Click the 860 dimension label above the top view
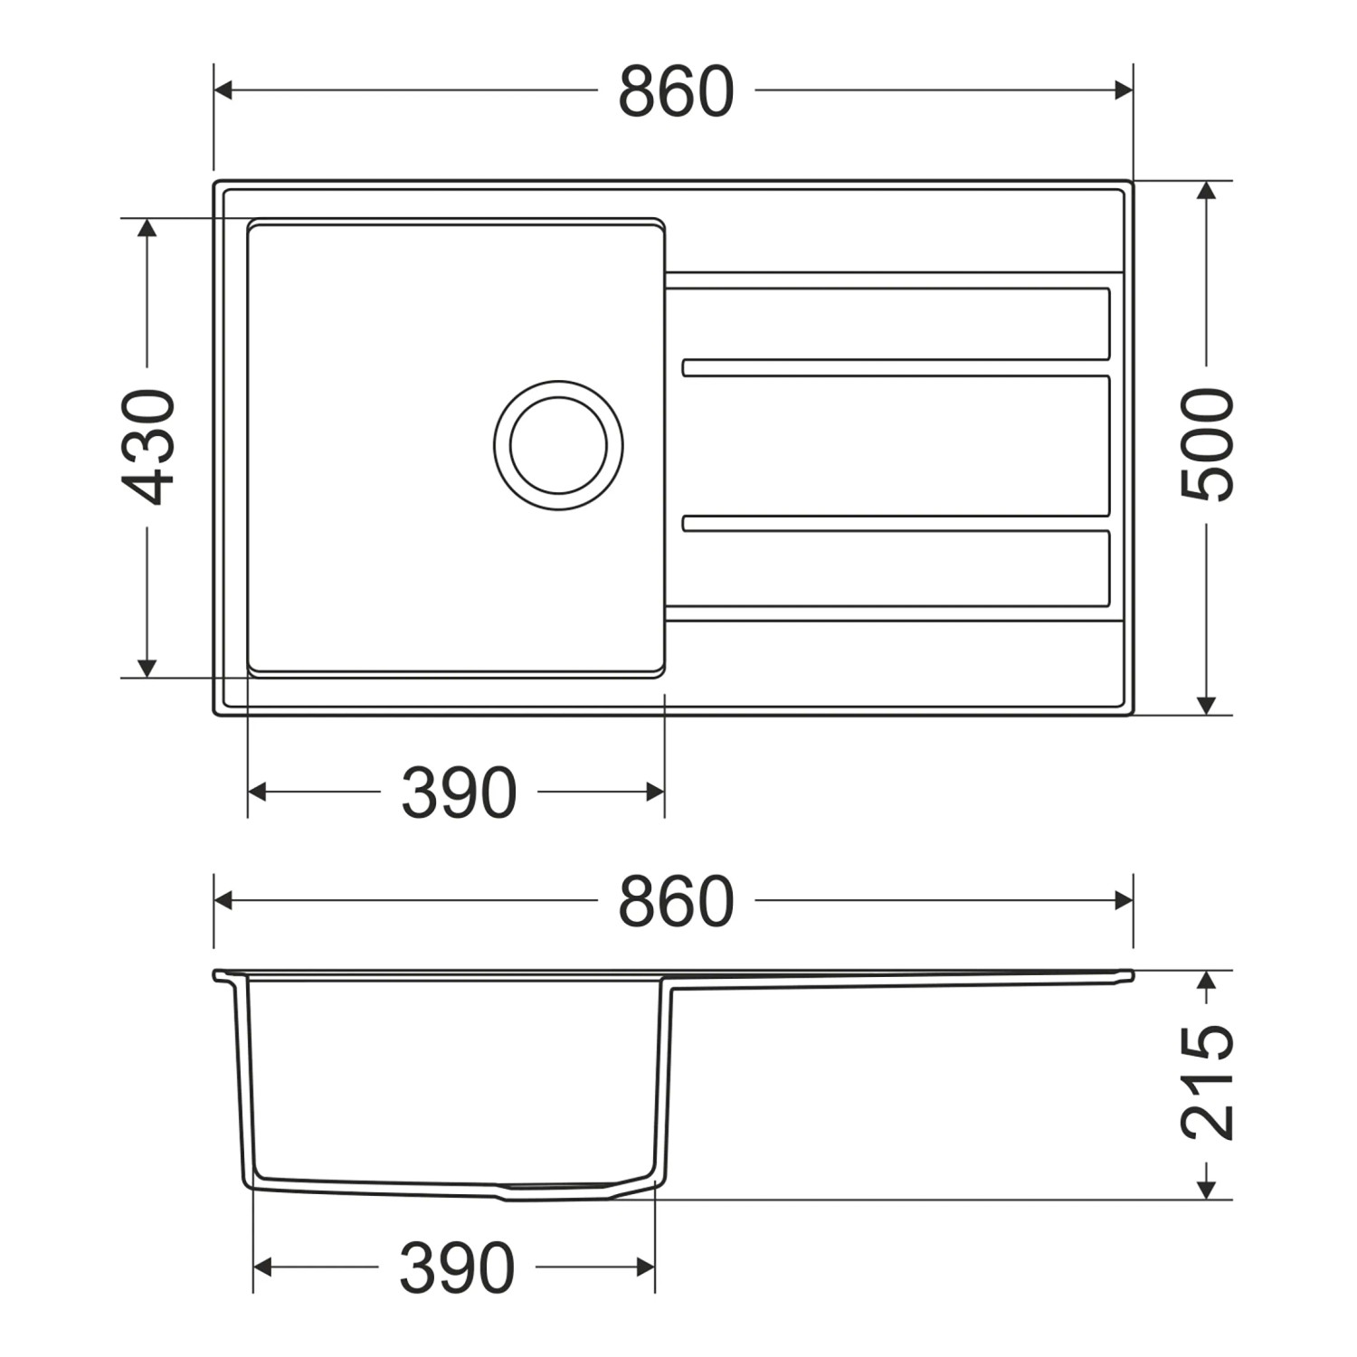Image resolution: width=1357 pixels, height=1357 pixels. (x=676, y=90)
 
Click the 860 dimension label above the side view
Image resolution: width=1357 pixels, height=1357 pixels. (x=676, y=901)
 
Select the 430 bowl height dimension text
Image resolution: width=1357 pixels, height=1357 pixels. (x=148, y=446)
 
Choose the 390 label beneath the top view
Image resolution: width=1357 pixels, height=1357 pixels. (x=459, y=792)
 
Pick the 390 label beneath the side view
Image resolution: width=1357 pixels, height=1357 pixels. (x=457, y=1267)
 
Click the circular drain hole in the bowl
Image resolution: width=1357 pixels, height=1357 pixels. (x=558, y=445)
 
